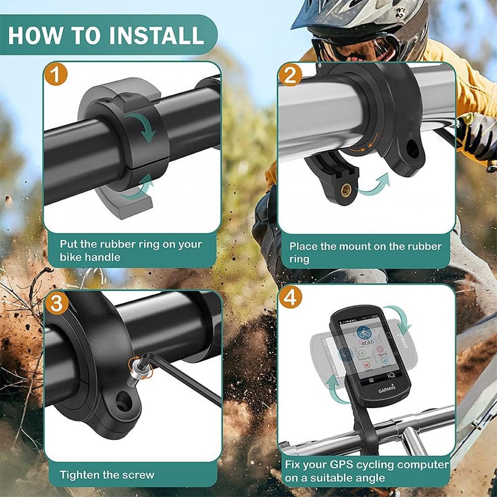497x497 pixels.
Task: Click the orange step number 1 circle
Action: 56,75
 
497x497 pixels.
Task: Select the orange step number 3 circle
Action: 56,304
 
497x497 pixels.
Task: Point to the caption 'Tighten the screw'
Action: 107,475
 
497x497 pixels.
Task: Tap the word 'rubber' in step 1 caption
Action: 125,244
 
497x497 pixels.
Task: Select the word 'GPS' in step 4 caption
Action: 340,465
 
